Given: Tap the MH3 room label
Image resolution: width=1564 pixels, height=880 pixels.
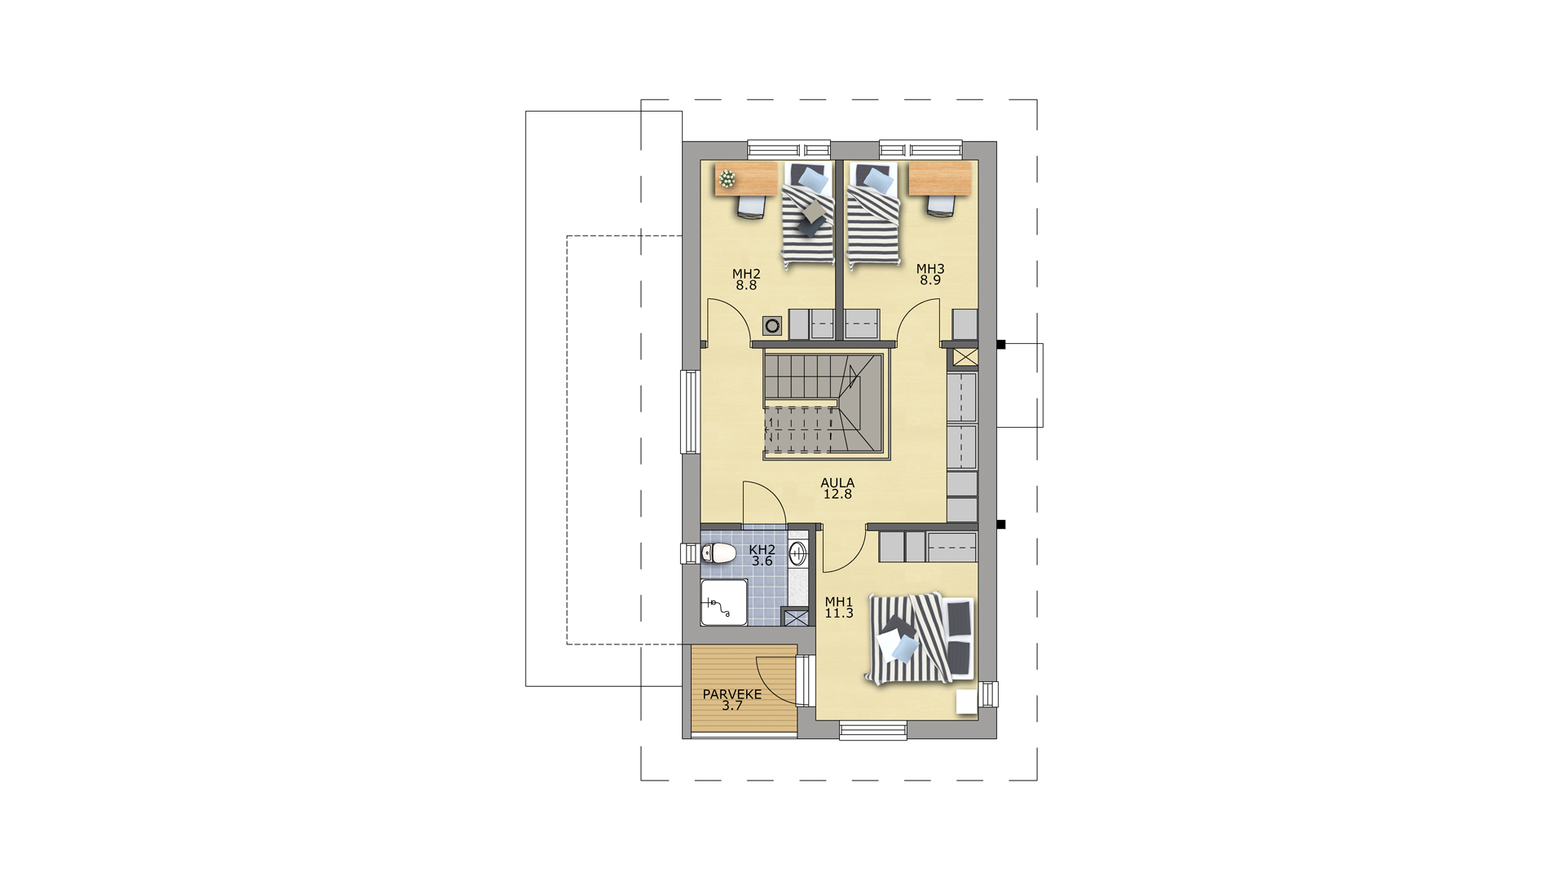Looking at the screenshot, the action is click(x=930, y=269).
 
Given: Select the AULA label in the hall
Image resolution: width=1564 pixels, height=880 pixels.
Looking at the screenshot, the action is click(x=837, y=483).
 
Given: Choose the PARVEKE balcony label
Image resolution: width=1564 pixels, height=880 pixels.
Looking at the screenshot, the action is click(x=732, y=695).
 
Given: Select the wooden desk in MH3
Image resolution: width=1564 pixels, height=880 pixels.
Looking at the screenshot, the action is click(x=941, y=178).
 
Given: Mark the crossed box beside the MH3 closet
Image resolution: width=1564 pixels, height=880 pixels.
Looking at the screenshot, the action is click(x=965, y=357).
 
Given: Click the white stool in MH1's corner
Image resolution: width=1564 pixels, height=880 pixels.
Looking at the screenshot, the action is click(x=966, y=702).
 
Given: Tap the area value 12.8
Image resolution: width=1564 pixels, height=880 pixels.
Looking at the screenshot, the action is click(x=837, y=495).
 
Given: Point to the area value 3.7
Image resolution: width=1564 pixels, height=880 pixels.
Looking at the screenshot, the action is click(x=732, y=706).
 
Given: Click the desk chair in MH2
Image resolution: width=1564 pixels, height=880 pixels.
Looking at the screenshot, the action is click(x=750, y=205).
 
